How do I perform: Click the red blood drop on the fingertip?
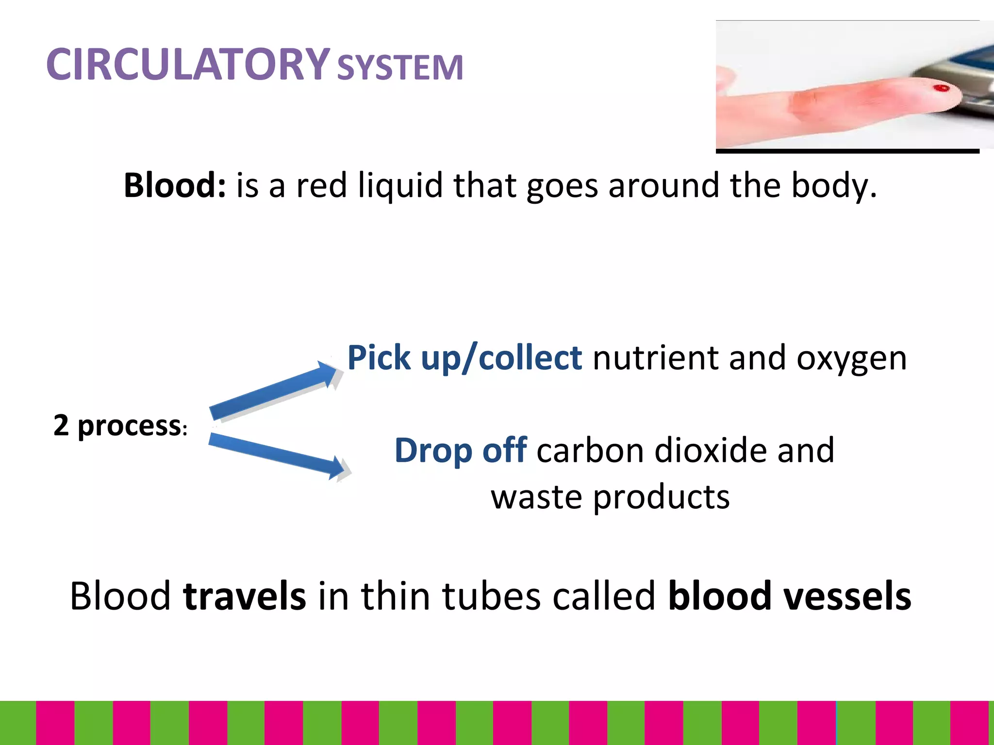941,88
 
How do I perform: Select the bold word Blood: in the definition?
175,185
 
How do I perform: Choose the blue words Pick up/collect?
464,358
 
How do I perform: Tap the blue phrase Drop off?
461,451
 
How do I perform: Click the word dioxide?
710,451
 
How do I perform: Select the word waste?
536,497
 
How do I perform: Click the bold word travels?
245,596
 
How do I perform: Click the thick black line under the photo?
847,151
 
